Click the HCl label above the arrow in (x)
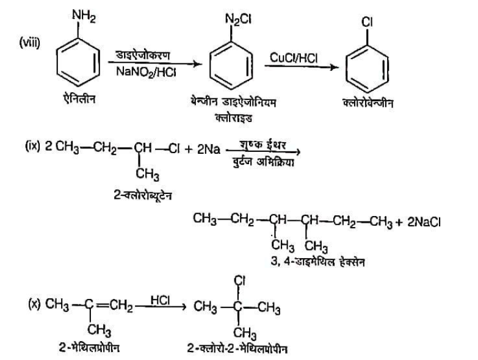pos(159,300)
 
